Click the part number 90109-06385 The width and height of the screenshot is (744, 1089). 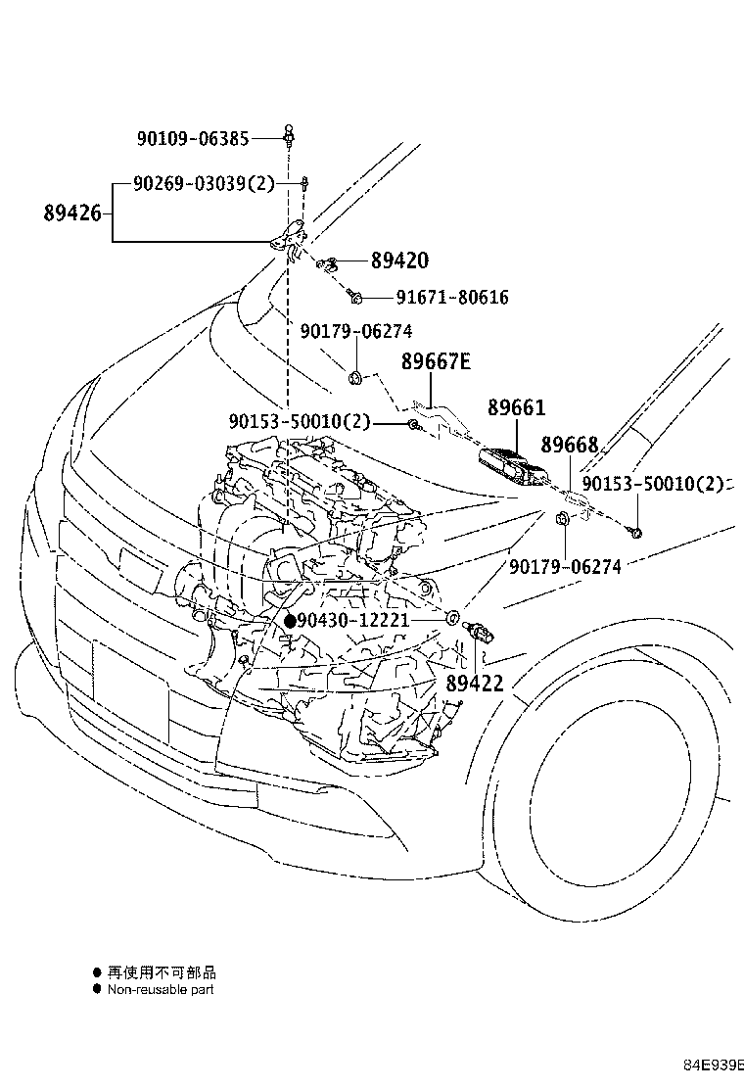199,139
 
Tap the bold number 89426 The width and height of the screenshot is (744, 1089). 72,213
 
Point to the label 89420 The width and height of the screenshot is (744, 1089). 399,260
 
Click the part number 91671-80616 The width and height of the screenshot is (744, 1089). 452,297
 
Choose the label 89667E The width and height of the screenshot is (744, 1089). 436,362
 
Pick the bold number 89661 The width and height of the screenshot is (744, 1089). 516,408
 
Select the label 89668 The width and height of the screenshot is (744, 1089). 569,446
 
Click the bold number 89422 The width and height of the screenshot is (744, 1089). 475,684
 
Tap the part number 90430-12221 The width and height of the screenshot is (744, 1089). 353,621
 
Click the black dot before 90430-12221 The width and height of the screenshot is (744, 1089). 290,621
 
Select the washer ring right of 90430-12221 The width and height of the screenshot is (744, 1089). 453,619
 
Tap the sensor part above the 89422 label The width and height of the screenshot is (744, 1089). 482,631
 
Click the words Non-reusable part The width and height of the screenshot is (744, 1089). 161,989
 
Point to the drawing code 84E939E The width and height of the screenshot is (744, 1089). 714,1065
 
